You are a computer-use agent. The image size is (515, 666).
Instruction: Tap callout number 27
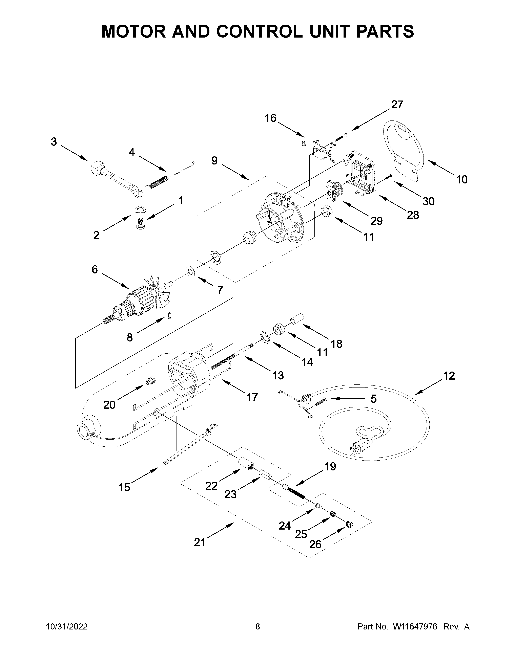point(397,105)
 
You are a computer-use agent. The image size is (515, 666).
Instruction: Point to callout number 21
point(200,542)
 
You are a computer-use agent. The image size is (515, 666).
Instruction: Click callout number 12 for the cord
point(449,376)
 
